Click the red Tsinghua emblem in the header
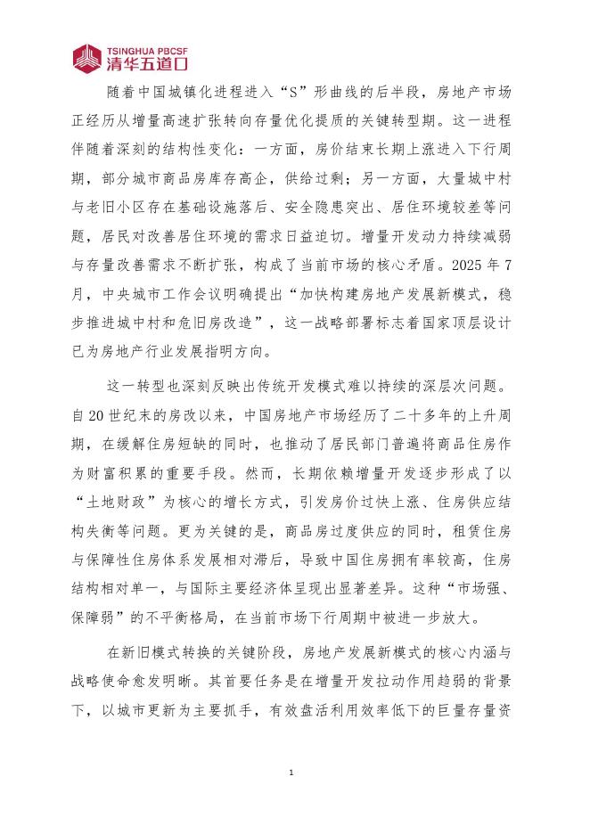click(x=87, y=58)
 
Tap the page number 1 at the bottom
click(x=291, y=772)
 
